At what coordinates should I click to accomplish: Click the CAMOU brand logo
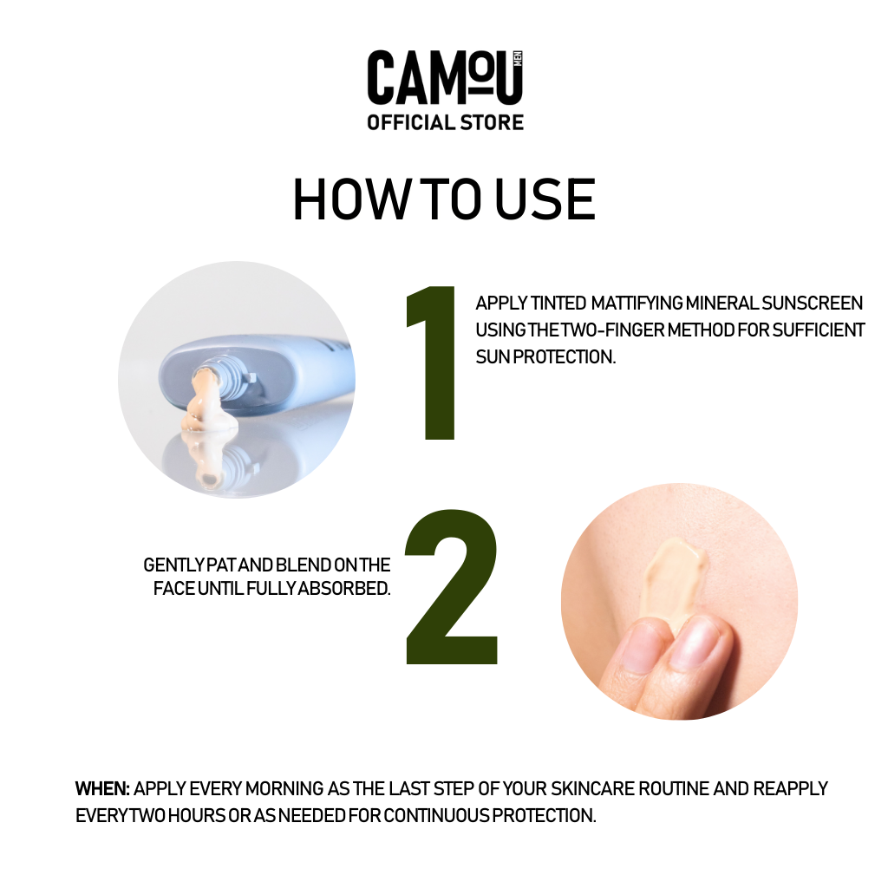coord(443,78)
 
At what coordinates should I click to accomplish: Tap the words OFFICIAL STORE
coord(445,122)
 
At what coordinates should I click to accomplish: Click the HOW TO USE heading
coord(444,200)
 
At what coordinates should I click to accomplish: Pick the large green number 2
coord(452,588)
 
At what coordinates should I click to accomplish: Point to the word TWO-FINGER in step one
coord(624,330)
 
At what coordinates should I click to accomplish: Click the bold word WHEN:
coord(102,789)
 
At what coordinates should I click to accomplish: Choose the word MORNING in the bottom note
coord(285,789)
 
